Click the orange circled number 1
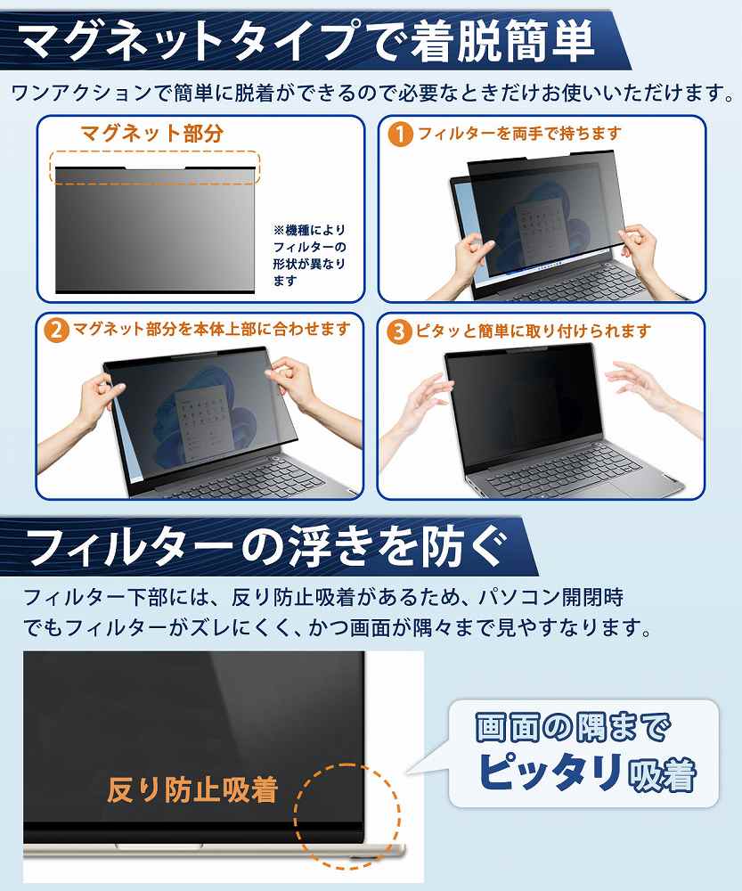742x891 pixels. [400, 135]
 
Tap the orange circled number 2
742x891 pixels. [56, 331]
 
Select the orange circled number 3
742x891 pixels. [399, 331]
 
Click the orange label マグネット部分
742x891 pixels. [152, 134]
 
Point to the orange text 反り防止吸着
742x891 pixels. [192, 789]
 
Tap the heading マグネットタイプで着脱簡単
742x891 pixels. [307, 40]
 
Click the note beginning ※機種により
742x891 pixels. [310, 255]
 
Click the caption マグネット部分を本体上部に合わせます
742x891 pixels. [211, 329]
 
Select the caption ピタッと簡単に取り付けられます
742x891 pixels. [533, 331]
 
